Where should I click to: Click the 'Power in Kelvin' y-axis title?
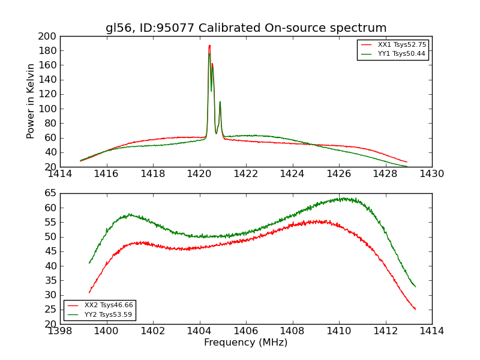[31, 101]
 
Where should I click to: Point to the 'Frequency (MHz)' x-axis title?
[246, 343]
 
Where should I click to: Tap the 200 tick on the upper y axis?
[49, 36]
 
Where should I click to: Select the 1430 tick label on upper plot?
[431, 173]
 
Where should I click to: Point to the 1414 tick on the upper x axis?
[60, 173]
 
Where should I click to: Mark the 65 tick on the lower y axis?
[51, 193]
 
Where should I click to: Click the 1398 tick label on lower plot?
[60, 331]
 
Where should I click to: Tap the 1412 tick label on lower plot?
[385, 331]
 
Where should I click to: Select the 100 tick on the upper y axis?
[49, 109]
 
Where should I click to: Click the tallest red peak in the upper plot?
[209, 46]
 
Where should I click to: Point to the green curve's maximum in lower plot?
[343, 198]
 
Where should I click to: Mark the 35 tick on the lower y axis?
[51, 280]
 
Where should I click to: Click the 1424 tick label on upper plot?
[292, 173]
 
